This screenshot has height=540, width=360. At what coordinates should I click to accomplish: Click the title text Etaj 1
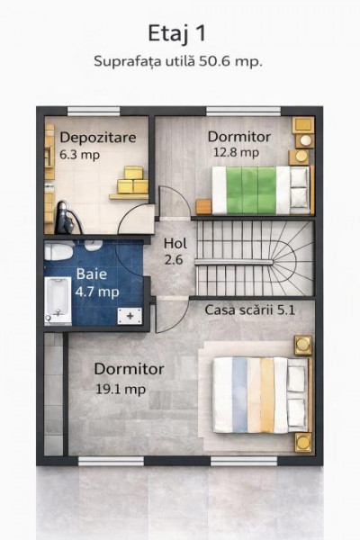tap(179, 33)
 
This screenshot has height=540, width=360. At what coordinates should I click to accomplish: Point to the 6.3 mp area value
tap(79, 154)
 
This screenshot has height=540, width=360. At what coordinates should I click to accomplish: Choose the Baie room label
tap(89, 274)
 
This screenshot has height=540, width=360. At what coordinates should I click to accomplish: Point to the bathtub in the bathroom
tap(58, 301)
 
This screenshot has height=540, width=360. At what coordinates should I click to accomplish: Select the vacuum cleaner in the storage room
tap(64, 215)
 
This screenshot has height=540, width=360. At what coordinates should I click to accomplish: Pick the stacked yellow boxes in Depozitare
tap(132, 183)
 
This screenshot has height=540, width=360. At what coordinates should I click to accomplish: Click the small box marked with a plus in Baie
tap(132, 315)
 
